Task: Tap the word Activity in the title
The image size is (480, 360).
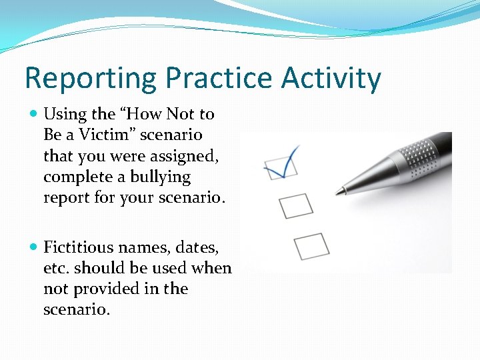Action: click(331, 79)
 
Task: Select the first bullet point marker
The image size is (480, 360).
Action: click(34, 115)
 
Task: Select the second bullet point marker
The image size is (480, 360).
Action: click(34, 248)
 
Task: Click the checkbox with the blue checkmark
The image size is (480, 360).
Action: click(280, 167)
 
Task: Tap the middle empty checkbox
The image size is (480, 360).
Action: click(296, 205)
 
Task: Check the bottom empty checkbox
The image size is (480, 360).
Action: click(311, 246)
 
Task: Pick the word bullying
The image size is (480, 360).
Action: click(160, 177)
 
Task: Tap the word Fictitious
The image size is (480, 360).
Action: click(79, 247)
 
